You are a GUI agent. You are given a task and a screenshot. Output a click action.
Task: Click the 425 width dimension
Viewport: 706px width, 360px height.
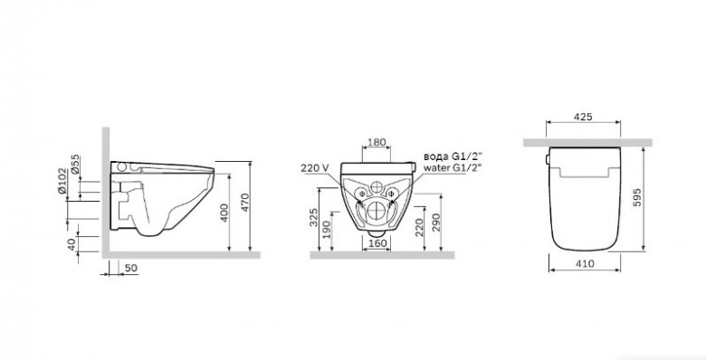coord(583,117)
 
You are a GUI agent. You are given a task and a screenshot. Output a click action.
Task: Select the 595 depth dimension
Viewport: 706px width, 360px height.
coord(636,197)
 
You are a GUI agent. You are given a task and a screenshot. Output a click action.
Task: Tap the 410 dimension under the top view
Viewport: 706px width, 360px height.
coord(585,264)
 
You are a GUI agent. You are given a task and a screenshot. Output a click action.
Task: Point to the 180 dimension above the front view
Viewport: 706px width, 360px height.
coord(377,142)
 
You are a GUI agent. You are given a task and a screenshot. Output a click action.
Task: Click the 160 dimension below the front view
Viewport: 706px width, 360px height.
coord(377,243)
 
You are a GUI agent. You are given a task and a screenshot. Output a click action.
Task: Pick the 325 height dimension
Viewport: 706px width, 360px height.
coord(314,217)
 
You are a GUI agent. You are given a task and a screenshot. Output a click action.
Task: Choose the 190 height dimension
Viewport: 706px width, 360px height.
coord(327,230)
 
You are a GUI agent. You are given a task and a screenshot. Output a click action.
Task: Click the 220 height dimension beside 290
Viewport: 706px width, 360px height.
coord(419,227)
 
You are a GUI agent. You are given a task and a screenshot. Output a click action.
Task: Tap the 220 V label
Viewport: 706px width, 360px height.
coord(315,167)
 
